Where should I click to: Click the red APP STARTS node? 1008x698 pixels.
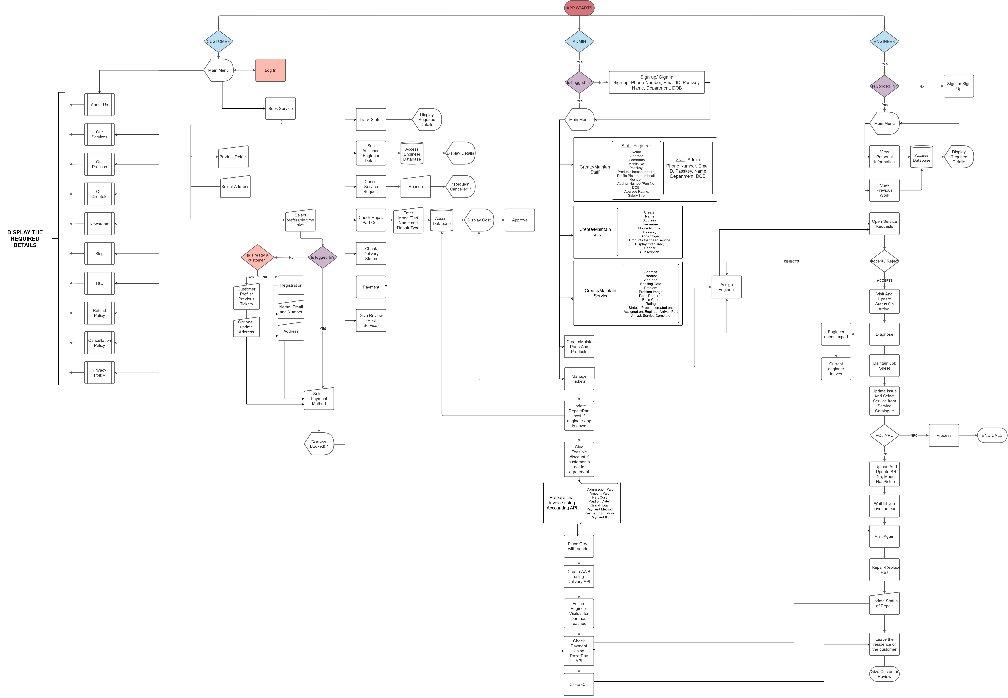coord(579,8)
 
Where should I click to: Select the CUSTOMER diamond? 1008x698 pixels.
coord(218,42)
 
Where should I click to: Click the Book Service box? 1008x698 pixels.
coord(280,108)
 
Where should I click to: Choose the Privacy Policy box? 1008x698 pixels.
coord(99,373)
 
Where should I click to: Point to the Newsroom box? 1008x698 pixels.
coord(99,224)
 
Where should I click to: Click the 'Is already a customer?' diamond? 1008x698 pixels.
coord(257,258)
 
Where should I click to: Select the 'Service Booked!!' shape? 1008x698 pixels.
coord(319,444)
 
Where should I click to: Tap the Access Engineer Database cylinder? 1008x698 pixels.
coord(411,153)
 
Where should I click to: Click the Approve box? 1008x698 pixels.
coord(520,220)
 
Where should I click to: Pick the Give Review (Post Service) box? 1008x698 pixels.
coord(371,321)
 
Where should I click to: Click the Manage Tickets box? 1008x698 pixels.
coord(579,379)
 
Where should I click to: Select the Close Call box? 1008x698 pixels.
coord(578,684)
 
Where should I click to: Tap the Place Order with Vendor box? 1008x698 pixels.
coord(578,546)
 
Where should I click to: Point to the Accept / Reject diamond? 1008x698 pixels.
coord(884,261)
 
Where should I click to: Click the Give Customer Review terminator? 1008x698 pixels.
coord(884,674)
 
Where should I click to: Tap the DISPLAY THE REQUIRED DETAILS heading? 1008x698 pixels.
coord(25,239)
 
